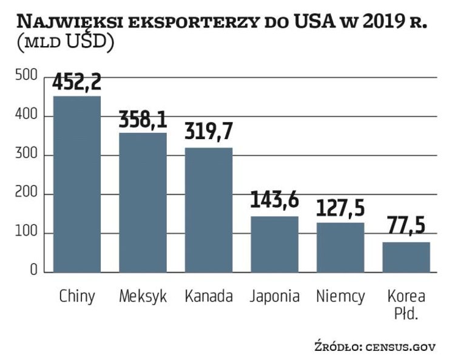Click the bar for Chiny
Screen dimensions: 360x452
tap(77, 184)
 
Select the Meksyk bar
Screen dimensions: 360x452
tap(143, 202)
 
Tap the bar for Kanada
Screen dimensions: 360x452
tap(209, 210)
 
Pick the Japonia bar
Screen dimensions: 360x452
tap(274, 244)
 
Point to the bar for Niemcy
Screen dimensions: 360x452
tap(340, 248)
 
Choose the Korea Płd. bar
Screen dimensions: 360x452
tap(406, 257)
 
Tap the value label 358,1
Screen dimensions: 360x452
tap(143, 120)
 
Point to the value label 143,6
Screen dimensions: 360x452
tap(274, 202)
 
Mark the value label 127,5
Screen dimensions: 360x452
tap(340, 208)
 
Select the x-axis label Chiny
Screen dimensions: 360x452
tap(77, 296)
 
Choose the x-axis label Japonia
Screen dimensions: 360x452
tap(274, 296)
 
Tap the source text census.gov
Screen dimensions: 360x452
tap(400, 347)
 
